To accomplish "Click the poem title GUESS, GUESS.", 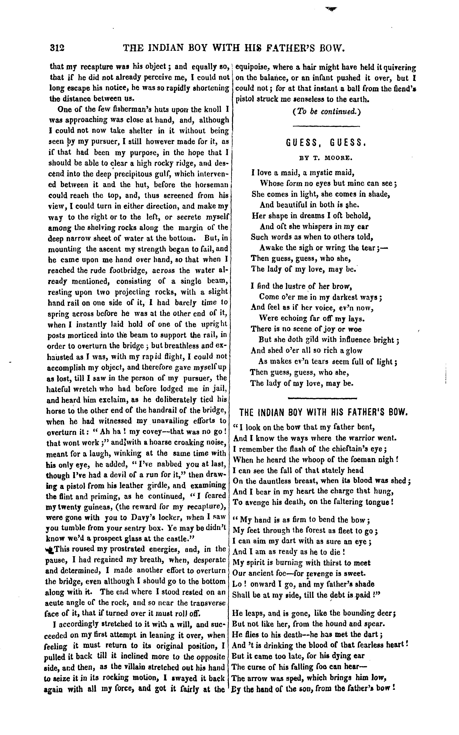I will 326,143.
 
